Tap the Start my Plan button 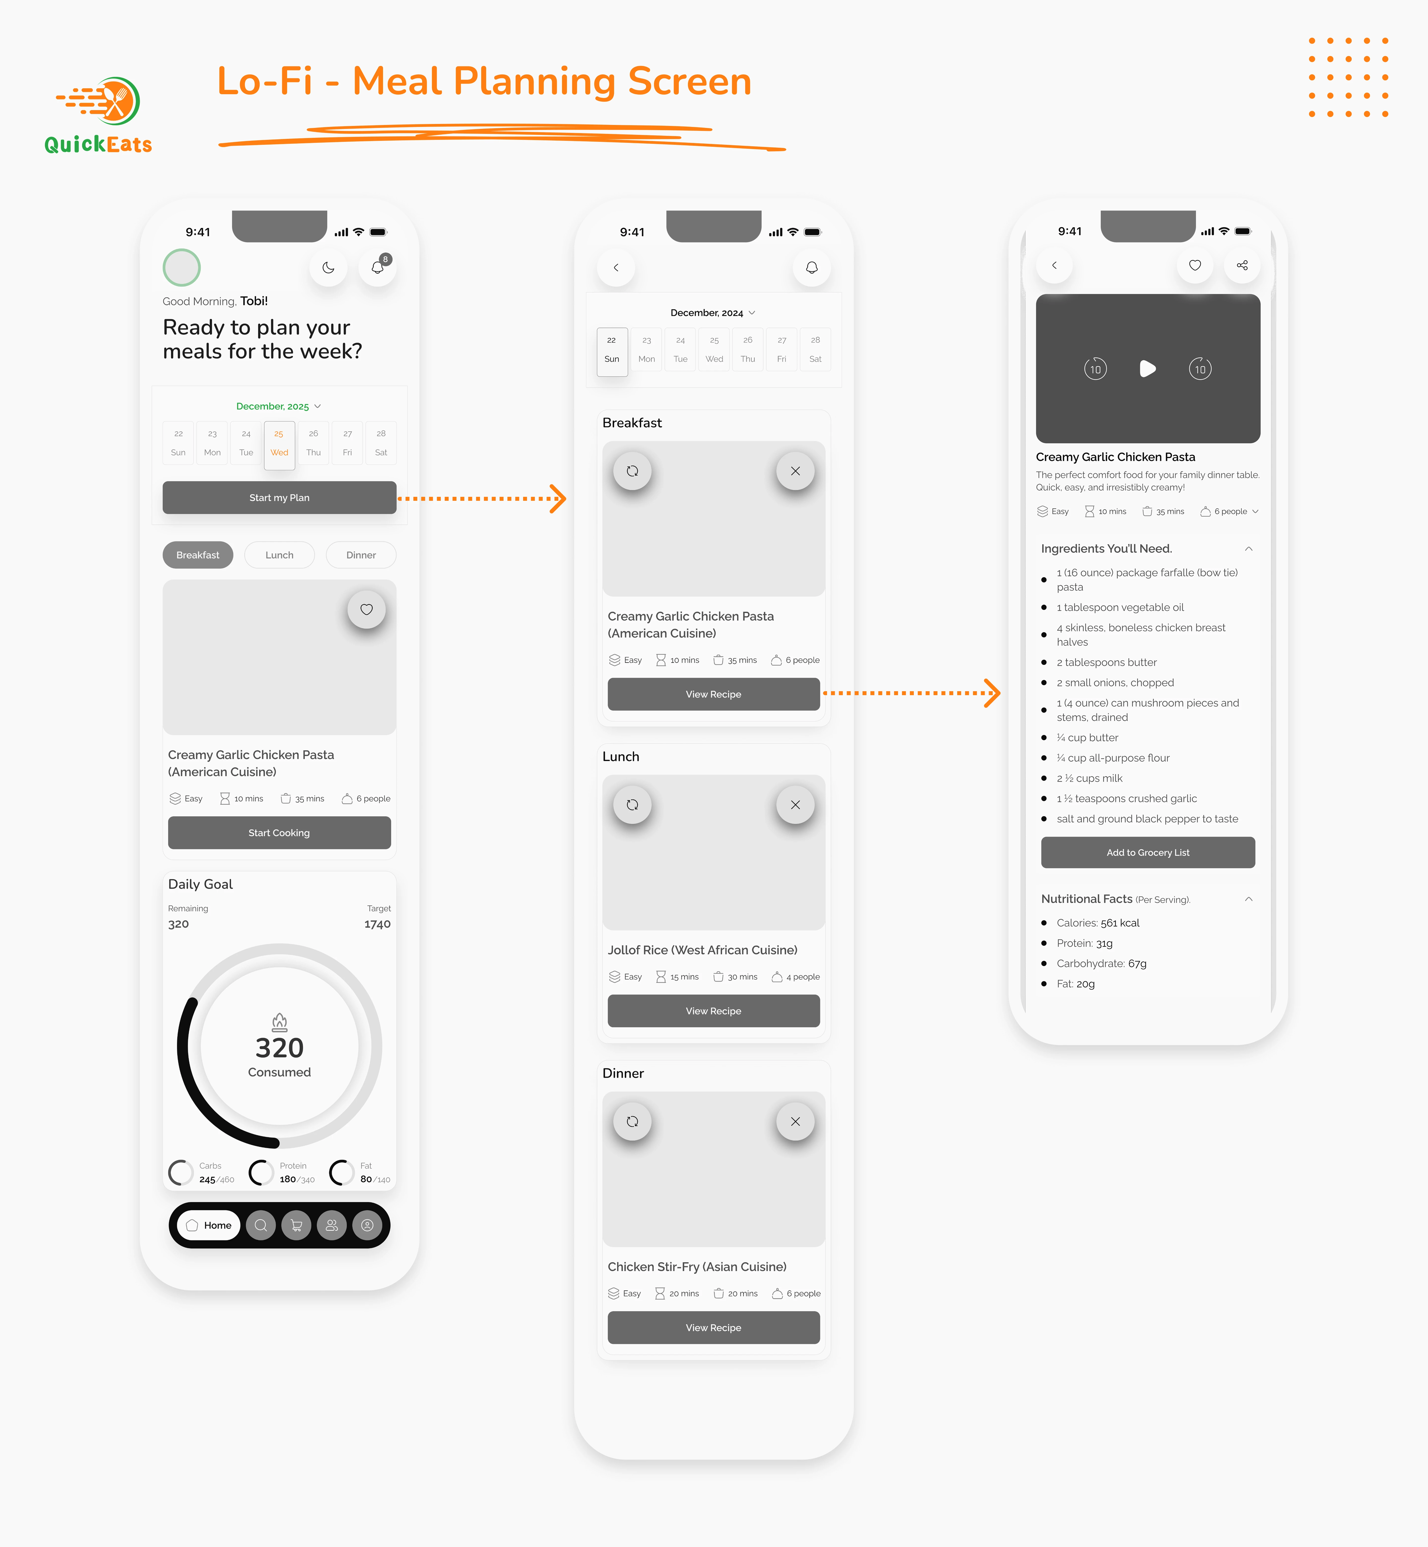[279, 498]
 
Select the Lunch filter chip [279, 555]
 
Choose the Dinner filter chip [361, 555]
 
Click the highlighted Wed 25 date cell [279, 444]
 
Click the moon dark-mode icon [328, 267]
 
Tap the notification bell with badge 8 [378, 267]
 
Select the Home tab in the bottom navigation [209, 1225]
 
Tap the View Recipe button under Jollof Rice [713, 1011]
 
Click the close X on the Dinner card [795, 1121]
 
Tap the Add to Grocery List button [1148, 852]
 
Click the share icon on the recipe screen [1242, 265]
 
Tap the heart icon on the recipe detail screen [1195, 265]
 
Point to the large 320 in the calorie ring [280, 1048]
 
